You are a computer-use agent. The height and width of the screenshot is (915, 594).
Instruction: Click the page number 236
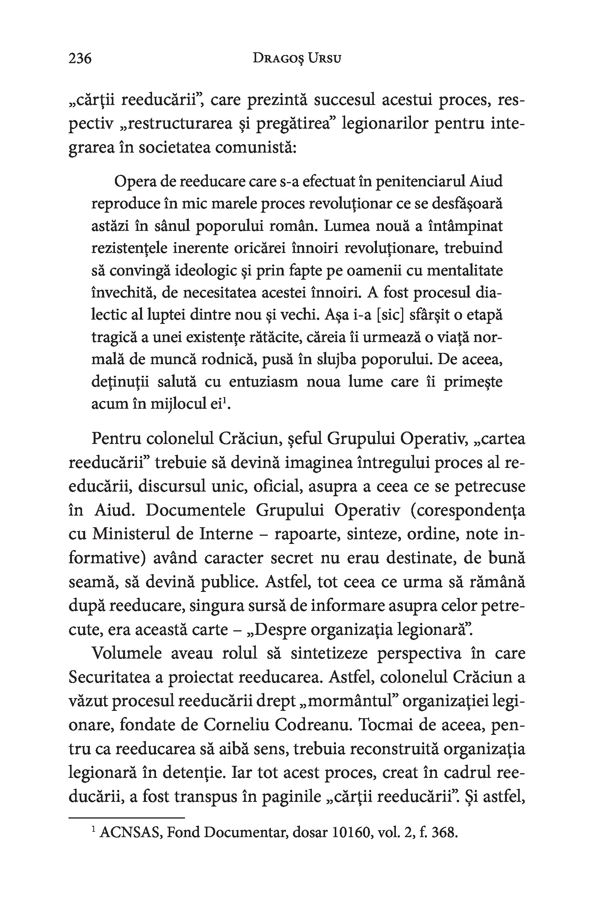point(80,59)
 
